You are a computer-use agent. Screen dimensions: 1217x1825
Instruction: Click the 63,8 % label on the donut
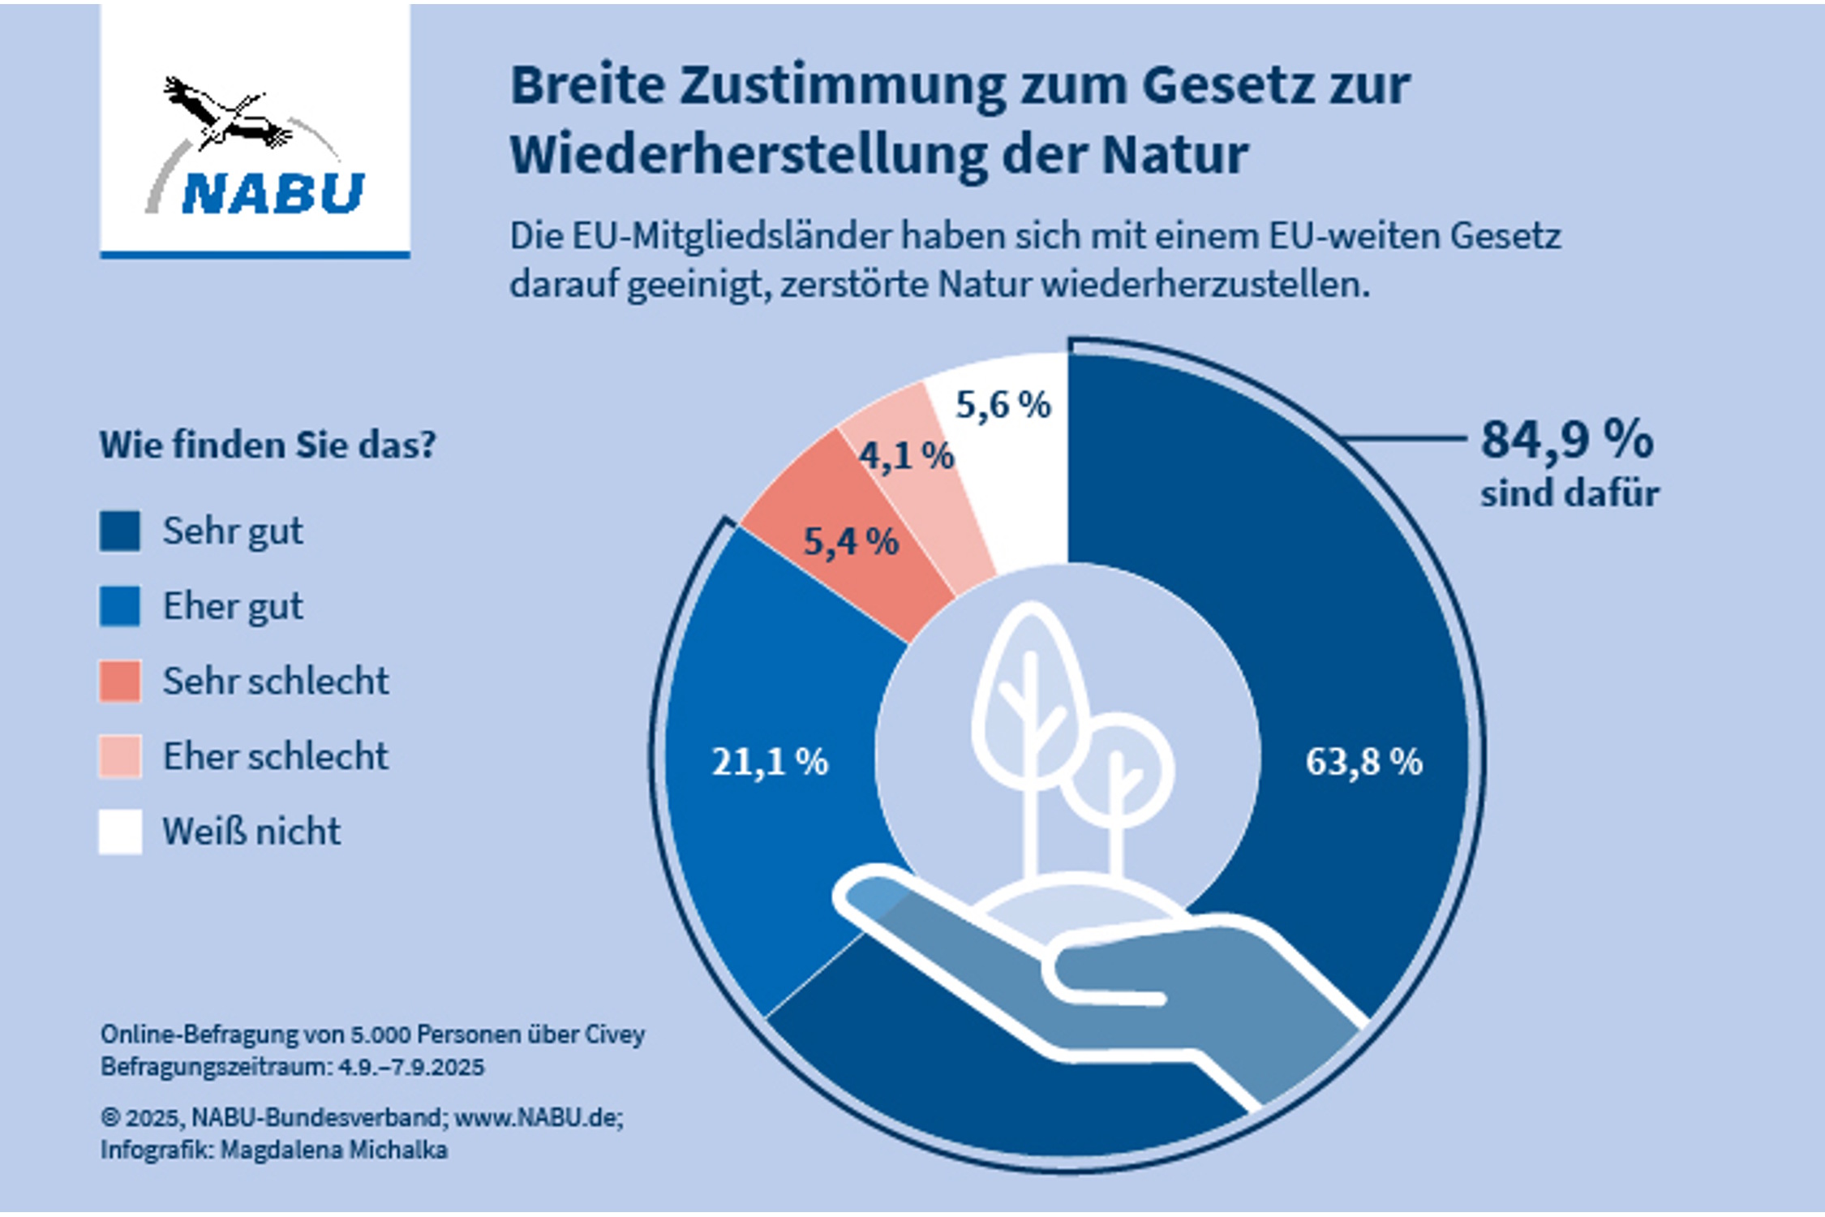click(1363, 762)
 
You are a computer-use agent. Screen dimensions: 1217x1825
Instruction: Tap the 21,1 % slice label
click(770, 762)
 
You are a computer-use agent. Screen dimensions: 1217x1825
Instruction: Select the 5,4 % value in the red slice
click(851, 541)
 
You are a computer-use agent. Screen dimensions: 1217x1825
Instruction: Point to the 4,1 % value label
click(906, 456)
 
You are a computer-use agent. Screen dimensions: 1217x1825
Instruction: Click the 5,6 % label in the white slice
click(1003, 405)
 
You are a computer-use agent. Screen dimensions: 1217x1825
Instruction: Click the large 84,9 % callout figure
click(1566, 441)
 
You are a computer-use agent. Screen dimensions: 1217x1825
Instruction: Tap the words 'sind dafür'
click(1569, 493)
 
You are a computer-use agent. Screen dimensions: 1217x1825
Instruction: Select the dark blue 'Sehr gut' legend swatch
click(120, 531)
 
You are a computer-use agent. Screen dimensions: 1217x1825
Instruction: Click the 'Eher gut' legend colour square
click(120, 606)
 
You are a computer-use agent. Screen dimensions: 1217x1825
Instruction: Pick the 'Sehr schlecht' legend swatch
click(120, 681)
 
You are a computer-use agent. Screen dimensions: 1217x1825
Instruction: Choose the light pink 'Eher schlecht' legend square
click(120, 756)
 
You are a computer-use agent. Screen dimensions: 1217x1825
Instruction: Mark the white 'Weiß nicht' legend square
click(120, 832)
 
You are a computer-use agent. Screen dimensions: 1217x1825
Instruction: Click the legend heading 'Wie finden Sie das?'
click(268, 445)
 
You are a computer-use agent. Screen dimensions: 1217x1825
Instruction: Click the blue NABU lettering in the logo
click(273, 193)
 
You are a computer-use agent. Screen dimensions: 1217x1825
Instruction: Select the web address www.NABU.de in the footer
click(538, 1118)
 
